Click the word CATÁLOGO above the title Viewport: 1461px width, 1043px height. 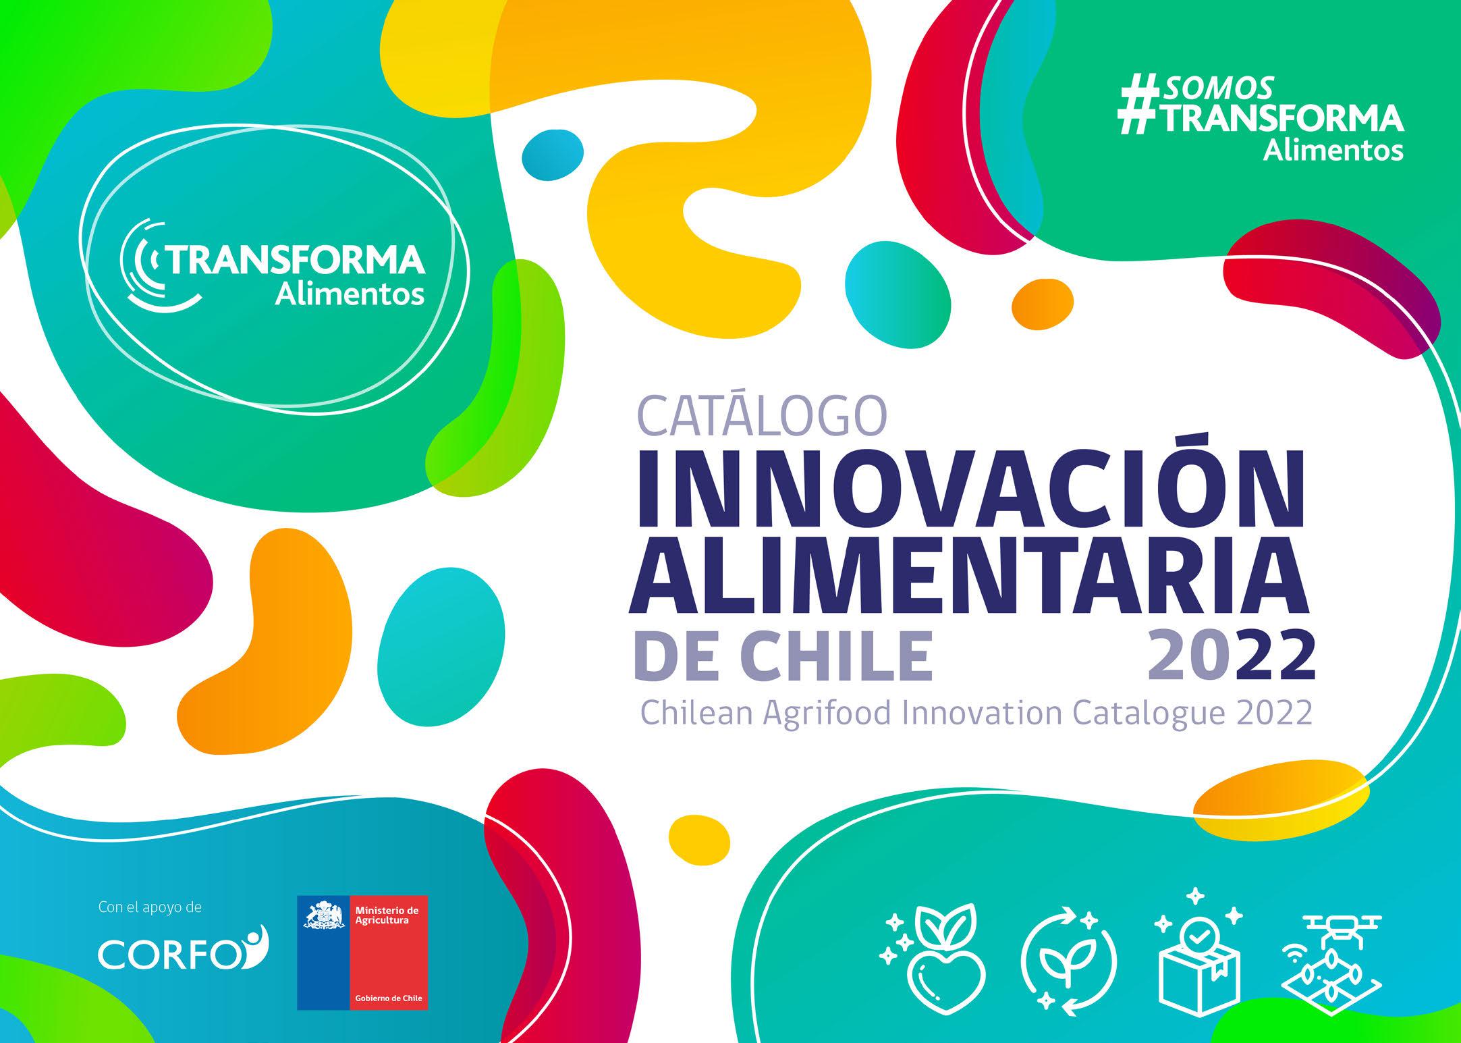point(761,414)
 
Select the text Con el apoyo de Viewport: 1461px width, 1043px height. point(150,908)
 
